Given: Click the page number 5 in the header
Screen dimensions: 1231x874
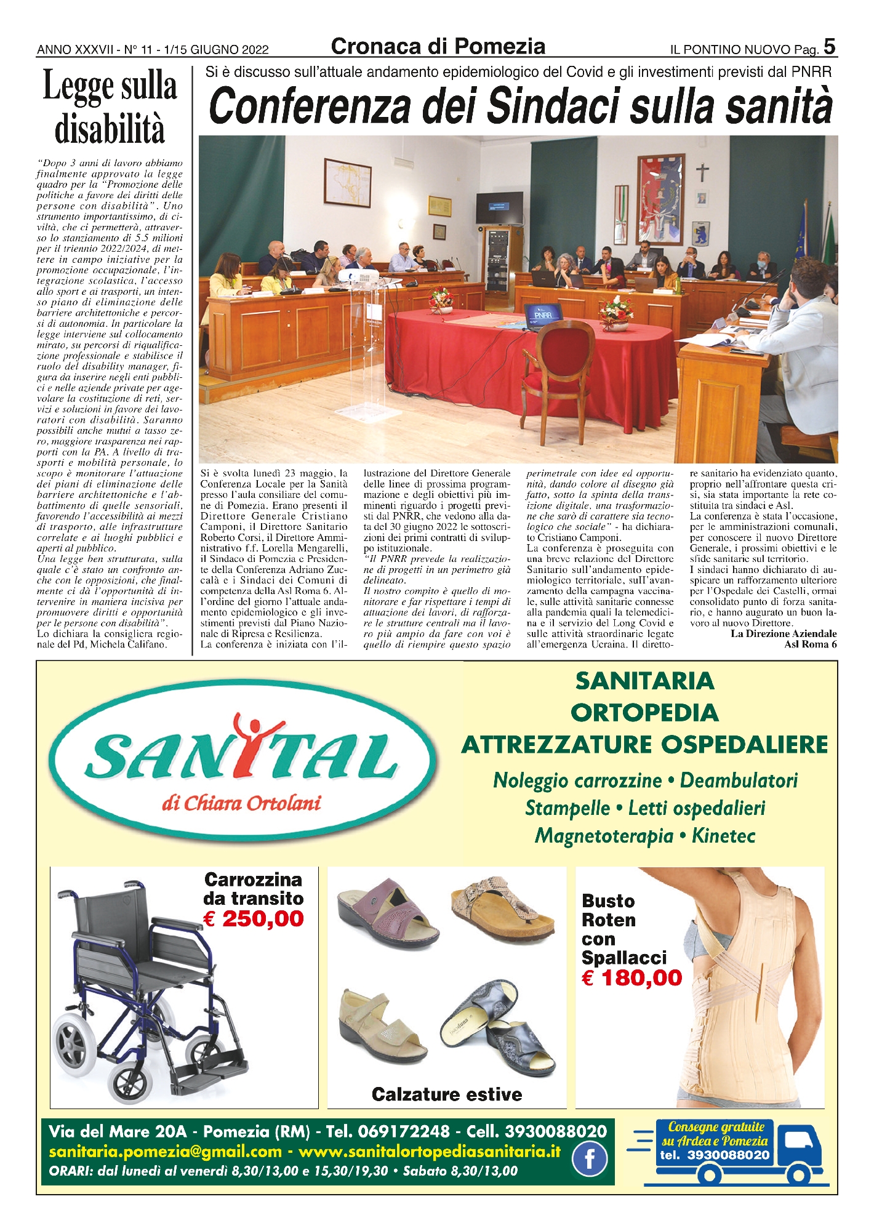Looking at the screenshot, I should click(829, 47).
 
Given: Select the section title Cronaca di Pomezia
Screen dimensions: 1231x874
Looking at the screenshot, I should click(438, 47).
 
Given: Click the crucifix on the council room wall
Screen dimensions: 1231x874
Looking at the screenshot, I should click(702, 173).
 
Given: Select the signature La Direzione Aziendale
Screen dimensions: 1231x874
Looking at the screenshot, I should click(784, 633).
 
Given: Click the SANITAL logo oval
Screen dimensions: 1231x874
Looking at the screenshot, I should click(243, 761).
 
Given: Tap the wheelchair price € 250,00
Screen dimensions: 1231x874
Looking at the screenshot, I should click(254, 919).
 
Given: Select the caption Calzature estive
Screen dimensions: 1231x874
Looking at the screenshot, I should click(447, 1094).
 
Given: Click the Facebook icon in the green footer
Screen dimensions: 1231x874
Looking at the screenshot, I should click(589, 1159).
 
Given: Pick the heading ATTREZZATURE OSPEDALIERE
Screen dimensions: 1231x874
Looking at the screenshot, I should click(644, 745).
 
